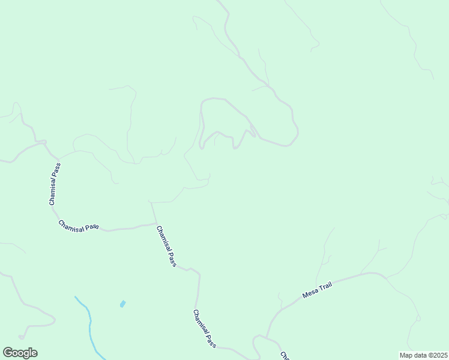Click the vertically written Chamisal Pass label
coord(55,184)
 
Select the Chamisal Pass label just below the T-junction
coord(166,246)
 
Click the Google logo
coord(20,353)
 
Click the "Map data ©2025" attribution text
coord(423,355)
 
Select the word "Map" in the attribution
coord(406,355)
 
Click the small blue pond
coord(122,304)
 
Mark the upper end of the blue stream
coord(76,297)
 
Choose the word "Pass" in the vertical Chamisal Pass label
coord(56,171)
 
